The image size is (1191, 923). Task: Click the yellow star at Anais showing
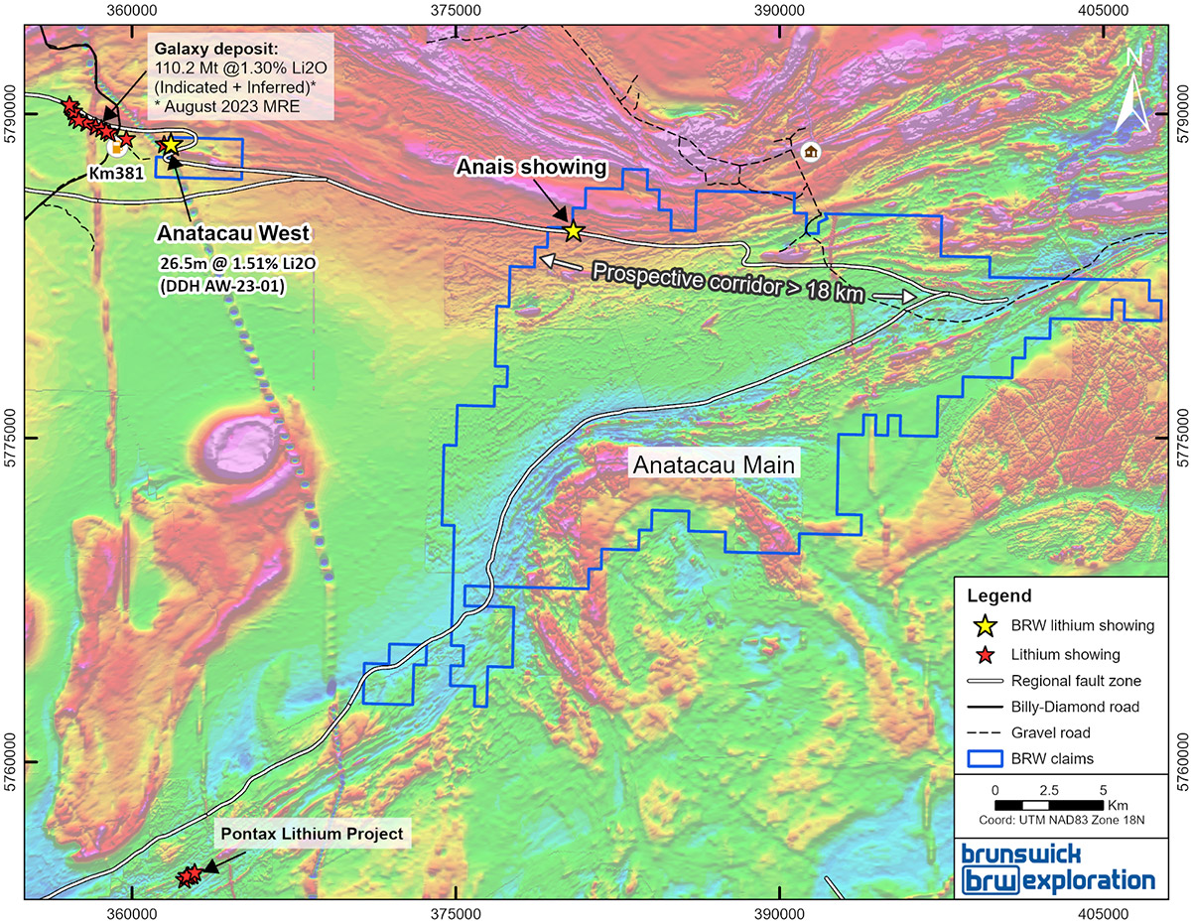[x=573, y=230]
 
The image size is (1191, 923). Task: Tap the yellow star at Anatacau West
[x=170, y=146]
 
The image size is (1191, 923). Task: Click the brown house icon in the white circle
[x=811, y=152]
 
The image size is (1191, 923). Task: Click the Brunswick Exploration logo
[x=1059, y=867]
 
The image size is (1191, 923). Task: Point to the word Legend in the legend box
[x=998, y=596]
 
